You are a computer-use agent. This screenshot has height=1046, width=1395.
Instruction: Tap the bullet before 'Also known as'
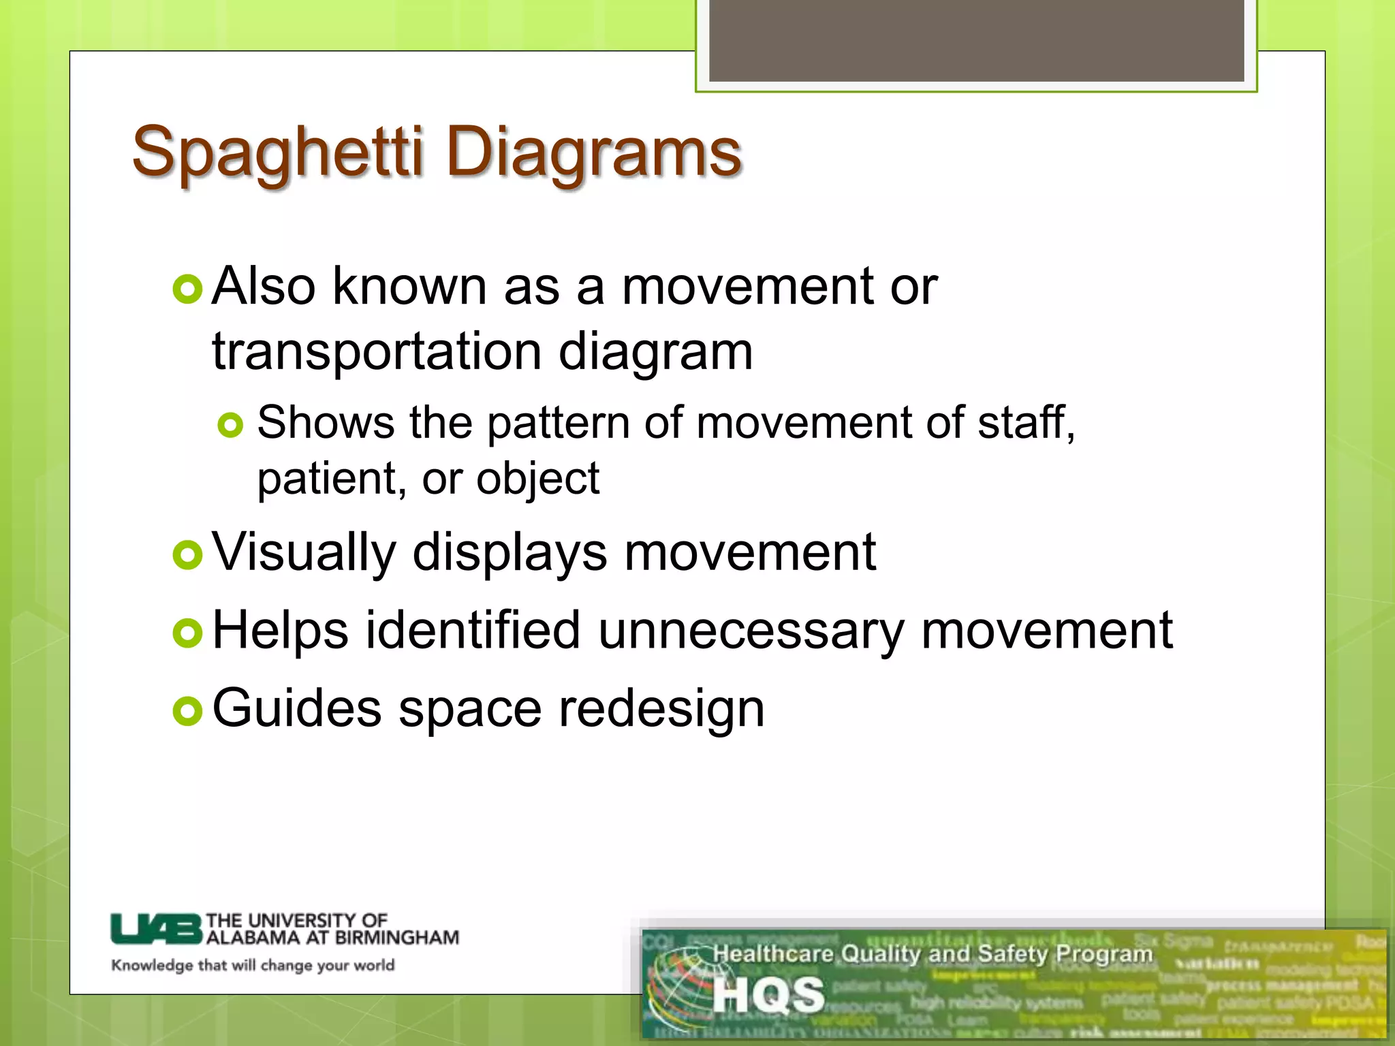[x=187, y=289]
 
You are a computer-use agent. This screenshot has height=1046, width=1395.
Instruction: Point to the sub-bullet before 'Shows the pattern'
[x=230, y=426]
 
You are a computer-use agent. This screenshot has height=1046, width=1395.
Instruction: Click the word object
[x=537, y=479]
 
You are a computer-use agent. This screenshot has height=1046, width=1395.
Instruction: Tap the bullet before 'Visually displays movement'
[x=187, y=555]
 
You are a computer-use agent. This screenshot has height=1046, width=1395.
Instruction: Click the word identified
[x=473, y=631]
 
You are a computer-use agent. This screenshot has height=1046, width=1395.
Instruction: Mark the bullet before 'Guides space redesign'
[x=187, y=712]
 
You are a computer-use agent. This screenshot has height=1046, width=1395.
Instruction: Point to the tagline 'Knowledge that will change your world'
[x=253, y=966]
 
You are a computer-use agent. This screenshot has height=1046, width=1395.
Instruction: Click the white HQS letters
[x=768, y=995]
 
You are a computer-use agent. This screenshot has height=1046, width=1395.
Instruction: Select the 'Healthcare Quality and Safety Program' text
[x=932, y=954]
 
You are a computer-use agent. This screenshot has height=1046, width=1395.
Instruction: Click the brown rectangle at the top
[x=976, y=41]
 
